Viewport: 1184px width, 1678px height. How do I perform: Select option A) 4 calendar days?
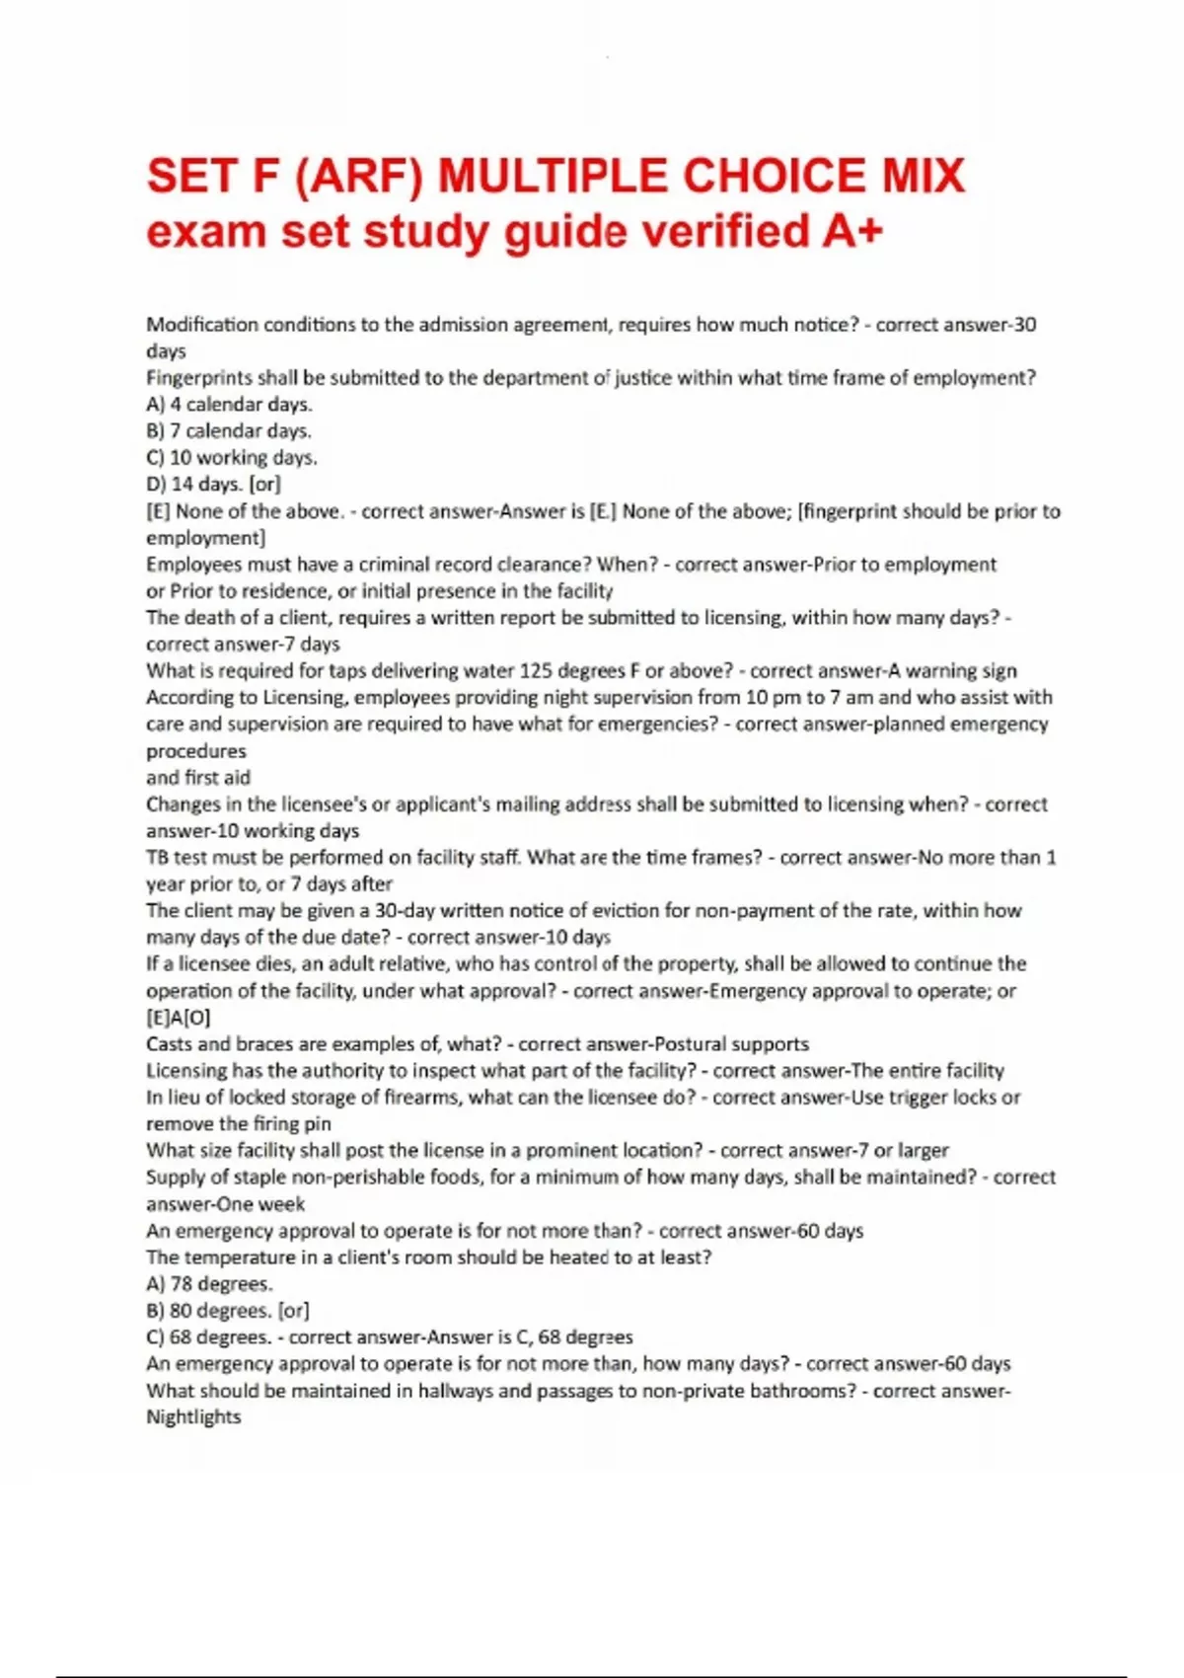[x=229, y=404]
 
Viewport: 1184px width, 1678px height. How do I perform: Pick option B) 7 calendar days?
[x=229, y=430]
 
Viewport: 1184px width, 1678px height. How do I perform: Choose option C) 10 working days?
[x=232, y=457]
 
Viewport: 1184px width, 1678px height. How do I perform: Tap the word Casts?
[x=170, y=1044]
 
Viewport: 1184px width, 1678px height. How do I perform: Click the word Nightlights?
[x=193, y=1417]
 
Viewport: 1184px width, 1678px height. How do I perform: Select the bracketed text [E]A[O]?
[x=179, y=1018]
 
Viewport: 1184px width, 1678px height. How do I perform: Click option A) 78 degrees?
[x=209, y=1284]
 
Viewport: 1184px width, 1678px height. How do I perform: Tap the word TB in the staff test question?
[x=157, y=858]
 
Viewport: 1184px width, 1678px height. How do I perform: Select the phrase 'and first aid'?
[x=198, y=778]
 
